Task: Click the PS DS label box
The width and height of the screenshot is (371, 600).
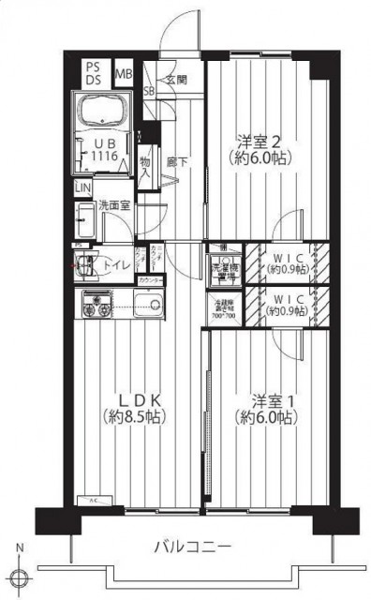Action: point(94,72)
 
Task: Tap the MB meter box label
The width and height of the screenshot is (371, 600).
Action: point(123,73)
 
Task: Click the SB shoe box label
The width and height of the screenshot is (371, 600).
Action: point(149,91)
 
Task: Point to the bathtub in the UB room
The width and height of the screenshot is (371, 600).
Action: point(103,112)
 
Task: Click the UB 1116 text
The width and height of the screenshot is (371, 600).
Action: point(102,151)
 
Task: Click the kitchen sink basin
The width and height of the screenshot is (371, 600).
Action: point(147,303)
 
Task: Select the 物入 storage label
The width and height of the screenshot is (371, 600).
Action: point(144,168)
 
